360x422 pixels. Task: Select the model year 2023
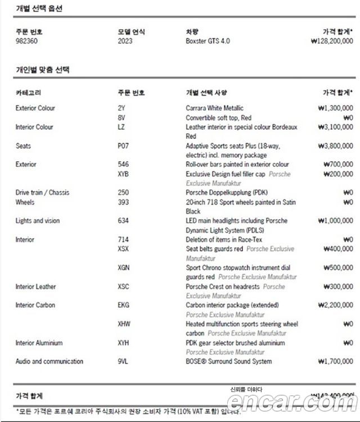125,41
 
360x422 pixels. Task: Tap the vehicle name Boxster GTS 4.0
208,41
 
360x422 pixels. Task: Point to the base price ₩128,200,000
331,41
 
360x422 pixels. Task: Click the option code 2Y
121,108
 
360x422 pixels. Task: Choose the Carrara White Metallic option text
214,108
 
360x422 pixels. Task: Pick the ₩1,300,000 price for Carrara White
335,108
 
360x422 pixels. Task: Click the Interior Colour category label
34,127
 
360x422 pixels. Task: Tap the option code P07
123,146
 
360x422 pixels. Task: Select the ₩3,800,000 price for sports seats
335,146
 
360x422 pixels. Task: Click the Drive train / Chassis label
42,193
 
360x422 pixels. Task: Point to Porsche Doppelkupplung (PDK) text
227,193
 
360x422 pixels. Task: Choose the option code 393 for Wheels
123,202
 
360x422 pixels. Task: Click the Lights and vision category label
37,221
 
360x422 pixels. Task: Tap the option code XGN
124,268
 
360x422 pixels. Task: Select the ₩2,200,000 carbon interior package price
335,306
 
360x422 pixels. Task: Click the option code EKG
123,306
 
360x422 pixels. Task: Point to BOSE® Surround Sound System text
228,361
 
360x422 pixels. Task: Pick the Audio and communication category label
49,361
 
